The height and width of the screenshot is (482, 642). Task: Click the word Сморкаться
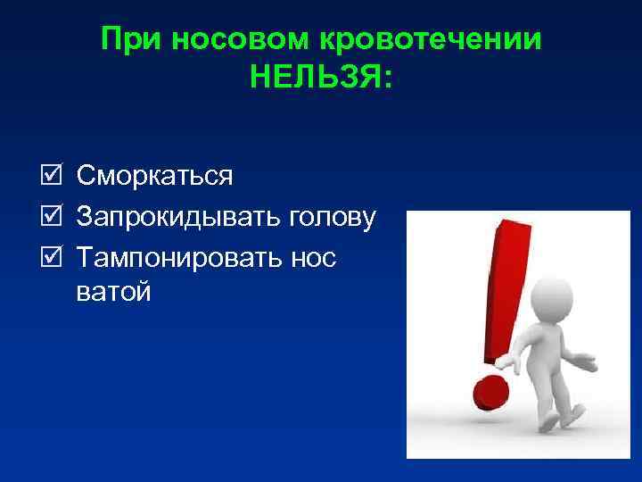(x=155, y=177)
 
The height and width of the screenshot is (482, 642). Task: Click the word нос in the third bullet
(x=315, y=258)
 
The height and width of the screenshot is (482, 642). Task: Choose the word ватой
(x=113, y=291)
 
